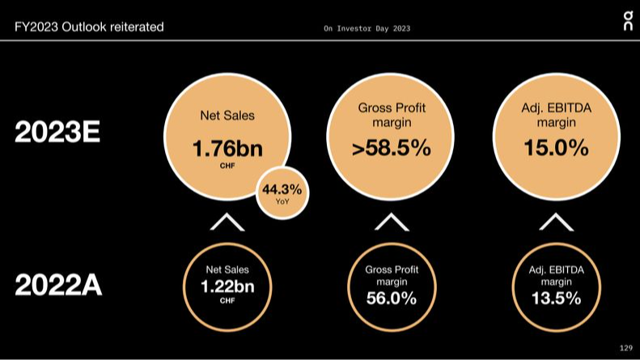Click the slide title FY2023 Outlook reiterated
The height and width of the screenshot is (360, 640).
pyautogui.click(x=89, y=27)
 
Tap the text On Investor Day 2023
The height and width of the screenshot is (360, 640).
pyautogui.click(x=367, y=28)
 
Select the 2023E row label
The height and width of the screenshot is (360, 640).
pyautogui.click(x=57, y=133)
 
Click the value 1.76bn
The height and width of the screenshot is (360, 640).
pyautogui.click(x=227, y=149)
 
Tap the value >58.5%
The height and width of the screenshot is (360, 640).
pyautogui.click(x=392, y=149)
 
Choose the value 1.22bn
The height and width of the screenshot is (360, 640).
pyautogui.click(x=227, y=286)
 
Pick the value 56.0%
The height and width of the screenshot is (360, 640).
pyautogui.click(x=391, y=299)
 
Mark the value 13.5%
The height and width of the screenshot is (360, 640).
pyautogui.click(x=556, y=298)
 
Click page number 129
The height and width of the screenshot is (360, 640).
pyautogui.click(x=625, y=347)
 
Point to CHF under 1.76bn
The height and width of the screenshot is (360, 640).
pyautogui.click(x=227, y=166)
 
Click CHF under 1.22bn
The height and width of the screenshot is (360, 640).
pyautogui.click(x=227, y=300)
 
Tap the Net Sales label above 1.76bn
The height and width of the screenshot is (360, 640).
pyautogui.click(x=227, y=116)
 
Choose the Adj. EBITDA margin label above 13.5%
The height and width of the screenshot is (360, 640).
pyautogui.click(x=556, y=275)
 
